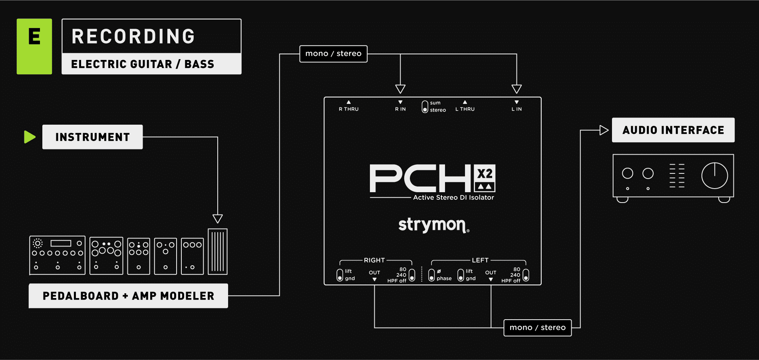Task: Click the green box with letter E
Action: (34, 46)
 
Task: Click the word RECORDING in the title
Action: (133, 36)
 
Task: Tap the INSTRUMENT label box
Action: (92, 137)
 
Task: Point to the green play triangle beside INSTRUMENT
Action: (29, 137)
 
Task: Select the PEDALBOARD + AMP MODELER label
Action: (128, 296)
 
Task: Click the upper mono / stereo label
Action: (333, 54)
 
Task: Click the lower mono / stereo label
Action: (537, 328)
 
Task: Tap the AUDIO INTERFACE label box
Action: (673, 130)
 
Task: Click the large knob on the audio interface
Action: (715, 175)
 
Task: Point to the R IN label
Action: (400, 109)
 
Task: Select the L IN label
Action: (517, 109)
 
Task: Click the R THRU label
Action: (349, 109)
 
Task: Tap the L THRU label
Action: (465, 109)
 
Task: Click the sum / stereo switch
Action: (425, 107)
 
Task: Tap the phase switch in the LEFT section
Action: (431, 275)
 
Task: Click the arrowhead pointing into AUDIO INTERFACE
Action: (604, 130)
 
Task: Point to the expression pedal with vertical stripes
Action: (218, 251)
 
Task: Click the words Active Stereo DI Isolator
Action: (453, 197)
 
